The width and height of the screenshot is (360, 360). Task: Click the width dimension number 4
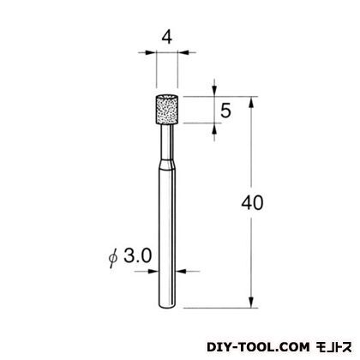tap(166, 37)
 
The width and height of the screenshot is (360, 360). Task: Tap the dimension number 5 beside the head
tap(225, 111)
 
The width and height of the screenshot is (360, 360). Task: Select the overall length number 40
tap(252, 203)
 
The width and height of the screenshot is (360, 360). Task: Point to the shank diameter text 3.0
tap(137, 255)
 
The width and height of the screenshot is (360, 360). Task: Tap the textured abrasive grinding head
tap(167, 110)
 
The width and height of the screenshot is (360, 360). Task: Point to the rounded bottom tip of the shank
tap(167, 305)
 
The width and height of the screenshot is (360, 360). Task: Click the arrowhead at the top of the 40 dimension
tap(251, 102)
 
